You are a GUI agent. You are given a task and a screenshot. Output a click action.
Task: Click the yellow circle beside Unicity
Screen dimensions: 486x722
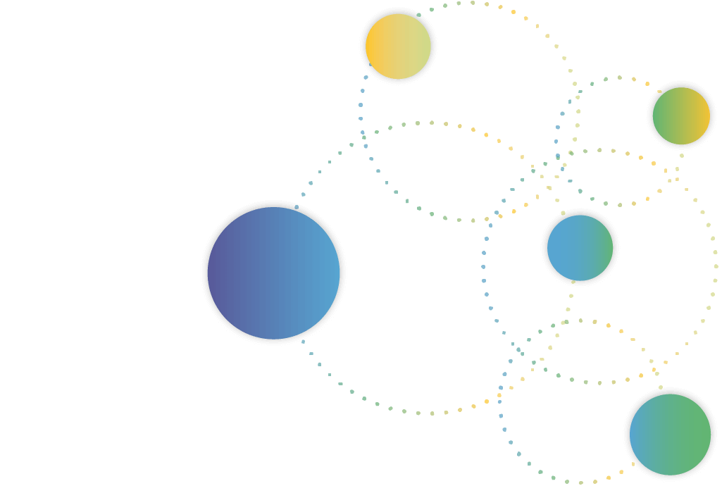click(398, 46)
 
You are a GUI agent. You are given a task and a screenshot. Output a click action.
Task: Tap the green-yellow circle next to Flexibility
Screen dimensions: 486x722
click(681, 116)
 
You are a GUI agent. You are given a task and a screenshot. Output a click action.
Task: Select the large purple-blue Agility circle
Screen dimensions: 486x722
click(273, 273)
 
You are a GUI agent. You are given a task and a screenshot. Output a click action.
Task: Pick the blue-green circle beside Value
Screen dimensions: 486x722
click(580, 248)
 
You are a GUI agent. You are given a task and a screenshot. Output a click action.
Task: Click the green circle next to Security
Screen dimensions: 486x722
click(670, 435)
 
